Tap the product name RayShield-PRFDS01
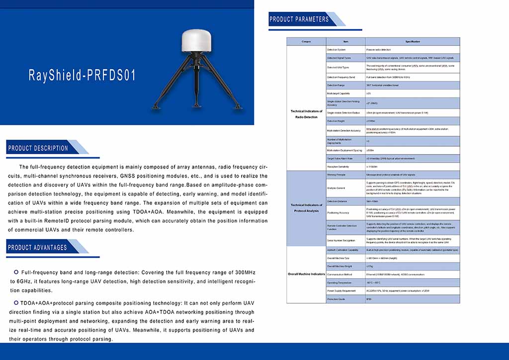82,76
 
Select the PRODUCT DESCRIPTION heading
38,148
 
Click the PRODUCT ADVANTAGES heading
37,247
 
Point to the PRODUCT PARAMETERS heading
299,19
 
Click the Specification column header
412,41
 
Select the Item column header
345,41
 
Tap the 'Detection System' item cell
336,50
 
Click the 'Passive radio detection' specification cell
379,50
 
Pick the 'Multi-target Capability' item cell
338,93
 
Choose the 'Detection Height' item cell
336,121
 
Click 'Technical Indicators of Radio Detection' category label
306,114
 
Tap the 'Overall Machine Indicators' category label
306,274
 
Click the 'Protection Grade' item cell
336,299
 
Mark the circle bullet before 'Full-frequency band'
16,272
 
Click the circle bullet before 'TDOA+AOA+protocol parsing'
16,302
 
